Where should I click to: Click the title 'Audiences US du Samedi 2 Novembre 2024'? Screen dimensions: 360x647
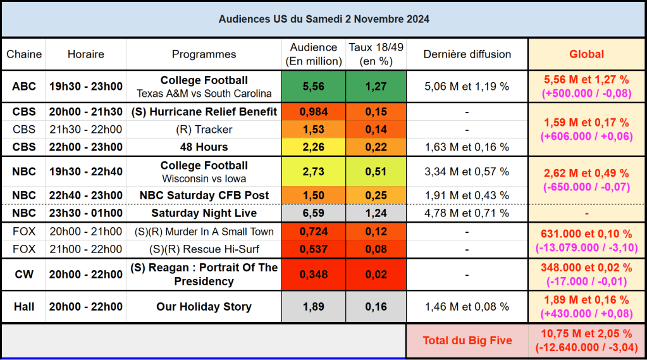(324, 19)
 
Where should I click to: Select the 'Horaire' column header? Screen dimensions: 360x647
(86, 54)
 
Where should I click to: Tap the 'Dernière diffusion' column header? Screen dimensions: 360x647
(467, 54)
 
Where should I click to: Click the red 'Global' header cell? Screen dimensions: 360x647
(586, 54)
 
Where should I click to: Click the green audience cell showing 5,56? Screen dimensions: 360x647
(314, 87)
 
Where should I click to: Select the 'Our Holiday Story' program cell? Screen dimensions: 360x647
(204, 307)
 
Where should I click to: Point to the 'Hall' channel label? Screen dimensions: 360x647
(24, 307)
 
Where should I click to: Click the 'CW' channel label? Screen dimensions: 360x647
(24, 275)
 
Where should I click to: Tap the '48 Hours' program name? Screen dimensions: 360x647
(204, 147)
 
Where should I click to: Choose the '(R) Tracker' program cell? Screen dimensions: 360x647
(204, 130)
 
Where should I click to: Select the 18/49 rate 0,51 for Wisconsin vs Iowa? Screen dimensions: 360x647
(376, 172)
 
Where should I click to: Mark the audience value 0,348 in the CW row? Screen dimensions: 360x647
(314, 275)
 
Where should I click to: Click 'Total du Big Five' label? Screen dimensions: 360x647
(467, 340)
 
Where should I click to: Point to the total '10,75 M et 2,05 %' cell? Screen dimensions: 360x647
(586, 334)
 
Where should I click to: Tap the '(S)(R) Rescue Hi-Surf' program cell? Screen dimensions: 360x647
(204, 249)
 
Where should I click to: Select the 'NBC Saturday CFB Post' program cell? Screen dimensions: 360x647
(204, 196)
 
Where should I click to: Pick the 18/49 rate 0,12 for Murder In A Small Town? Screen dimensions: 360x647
(376, 232)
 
